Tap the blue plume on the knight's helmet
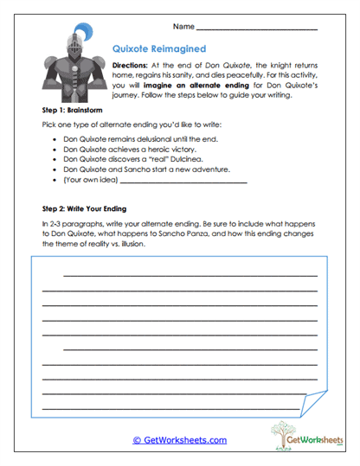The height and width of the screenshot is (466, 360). coord(80,37)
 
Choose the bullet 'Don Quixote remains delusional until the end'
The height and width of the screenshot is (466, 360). coord(141,138)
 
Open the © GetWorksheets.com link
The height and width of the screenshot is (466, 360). coord(179,440)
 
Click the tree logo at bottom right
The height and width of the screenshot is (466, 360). coord(285,435)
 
